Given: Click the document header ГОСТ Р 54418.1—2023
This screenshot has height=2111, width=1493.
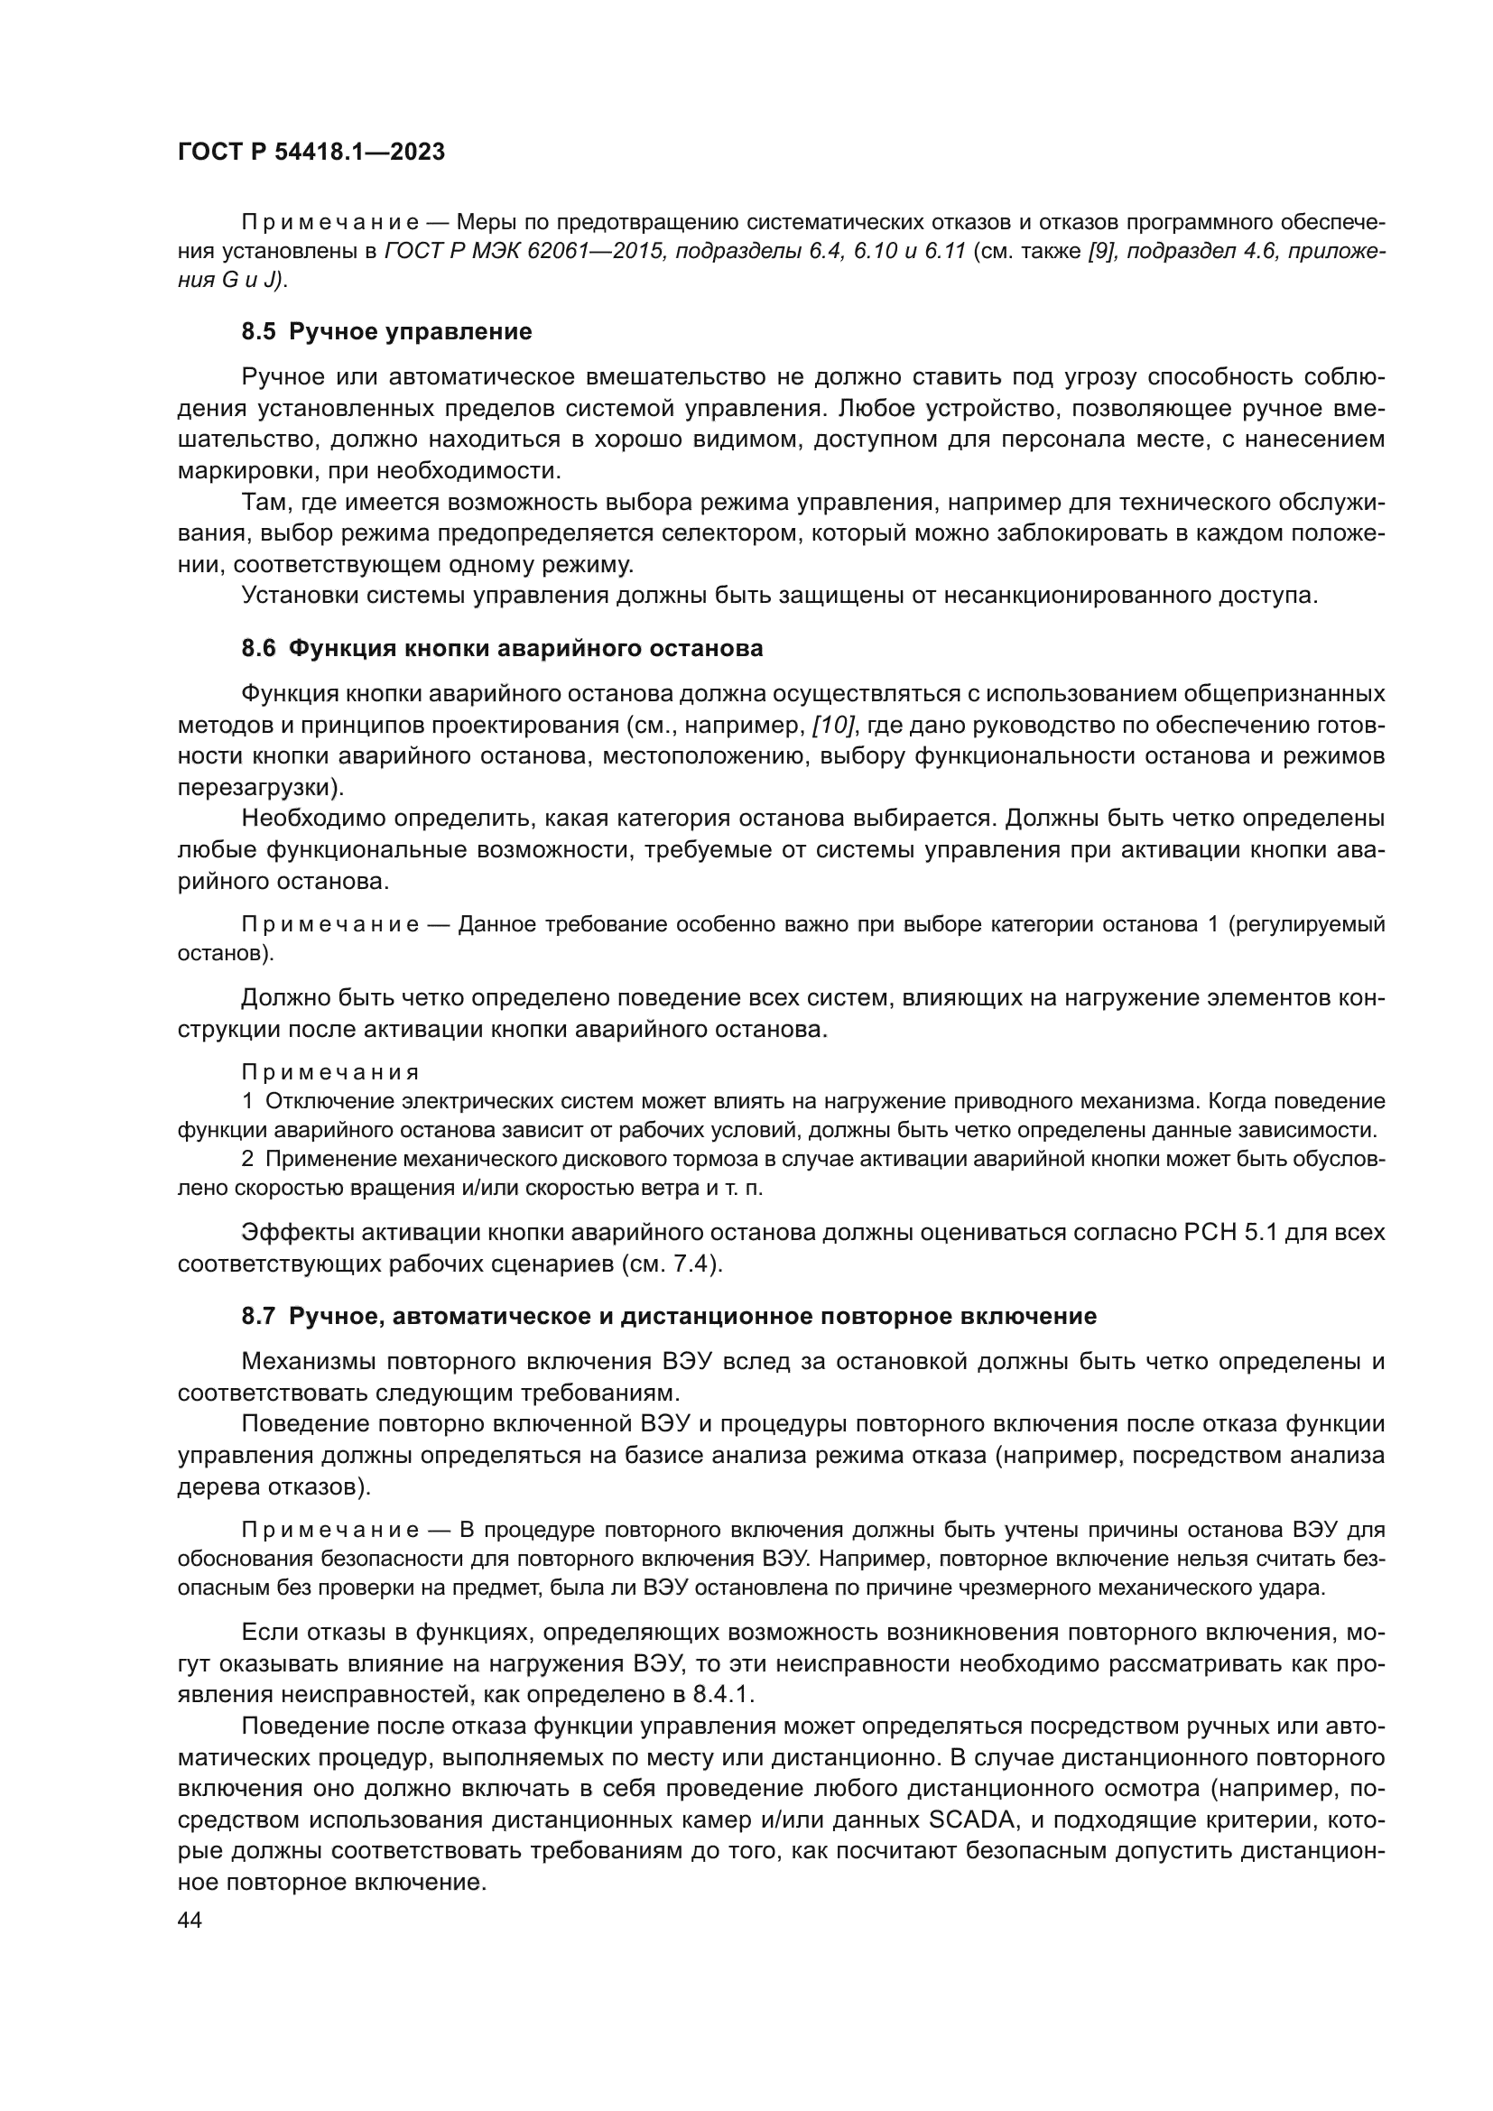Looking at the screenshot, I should [311, 153].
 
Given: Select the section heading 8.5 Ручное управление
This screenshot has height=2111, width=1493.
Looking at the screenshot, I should [386, 332].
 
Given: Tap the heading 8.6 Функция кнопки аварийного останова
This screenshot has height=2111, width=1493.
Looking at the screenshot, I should [502, 648].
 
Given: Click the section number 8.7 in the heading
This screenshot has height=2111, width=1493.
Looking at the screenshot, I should [258, 1317].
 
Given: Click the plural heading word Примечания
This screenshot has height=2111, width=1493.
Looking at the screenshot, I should [330, 1072].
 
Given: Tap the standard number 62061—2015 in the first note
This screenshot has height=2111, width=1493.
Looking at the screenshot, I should [597, 252].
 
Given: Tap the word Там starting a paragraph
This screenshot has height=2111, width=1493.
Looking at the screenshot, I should [264, 502].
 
